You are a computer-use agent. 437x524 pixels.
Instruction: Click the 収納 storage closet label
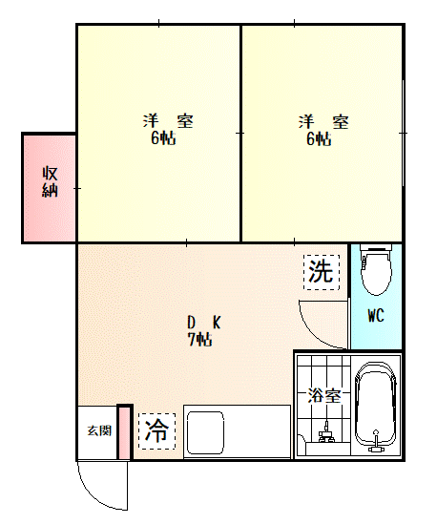50,181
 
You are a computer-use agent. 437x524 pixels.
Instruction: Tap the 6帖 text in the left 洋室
163,137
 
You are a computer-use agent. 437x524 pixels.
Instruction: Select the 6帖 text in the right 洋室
319,138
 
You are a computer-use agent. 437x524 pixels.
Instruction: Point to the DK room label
204,323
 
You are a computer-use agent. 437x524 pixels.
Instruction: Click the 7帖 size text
199,340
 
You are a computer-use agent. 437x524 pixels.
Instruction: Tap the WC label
376,315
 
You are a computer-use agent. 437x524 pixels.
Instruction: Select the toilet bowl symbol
376,273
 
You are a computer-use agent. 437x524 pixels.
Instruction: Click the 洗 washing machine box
322,272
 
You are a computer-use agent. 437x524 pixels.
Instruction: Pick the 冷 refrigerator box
156,431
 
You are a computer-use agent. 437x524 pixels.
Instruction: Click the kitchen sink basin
205,432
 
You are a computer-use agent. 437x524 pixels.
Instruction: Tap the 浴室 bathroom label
324,396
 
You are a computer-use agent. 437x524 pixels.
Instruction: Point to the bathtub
376,407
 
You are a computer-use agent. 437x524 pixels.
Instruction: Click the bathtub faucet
376,440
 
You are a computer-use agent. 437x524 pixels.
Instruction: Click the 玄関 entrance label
99,430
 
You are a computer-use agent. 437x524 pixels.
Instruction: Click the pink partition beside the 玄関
125,431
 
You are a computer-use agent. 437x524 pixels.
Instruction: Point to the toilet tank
376,247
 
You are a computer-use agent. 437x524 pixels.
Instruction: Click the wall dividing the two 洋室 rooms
240,133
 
